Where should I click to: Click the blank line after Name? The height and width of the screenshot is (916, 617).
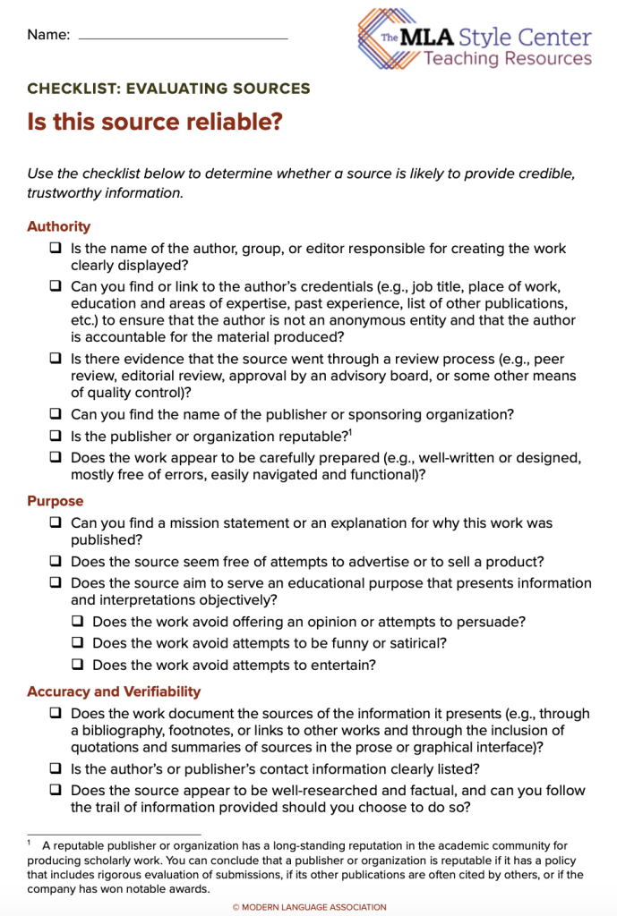[x=184, y=38]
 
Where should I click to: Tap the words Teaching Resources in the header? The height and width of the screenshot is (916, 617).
[x=507, y=59]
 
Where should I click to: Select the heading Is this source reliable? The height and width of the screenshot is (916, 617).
[x=155, y=122]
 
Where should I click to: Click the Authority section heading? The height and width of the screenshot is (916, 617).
[x=58, y=226]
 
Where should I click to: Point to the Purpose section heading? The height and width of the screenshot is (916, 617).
[x=55, y=501]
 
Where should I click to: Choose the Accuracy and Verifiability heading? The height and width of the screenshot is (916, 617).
[x=114, y=691]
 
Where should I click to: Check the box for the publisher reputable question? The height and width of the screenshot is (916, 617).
[x=56, y=437]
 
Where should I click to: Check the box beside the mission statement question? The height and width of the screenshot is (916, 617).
[x=56, y=522]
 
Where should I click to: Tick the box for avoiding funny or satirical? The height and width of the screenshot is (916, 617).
[x=77, y=643]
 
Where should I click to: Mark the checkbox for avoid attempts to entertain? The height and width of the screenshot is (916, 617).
[x=77, y=665]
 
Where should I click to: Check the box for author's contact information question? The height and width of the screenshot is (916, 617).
[x=56, y=768]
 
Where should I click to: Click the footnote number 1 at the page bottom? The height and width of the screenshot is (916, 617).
[x=30, y=844]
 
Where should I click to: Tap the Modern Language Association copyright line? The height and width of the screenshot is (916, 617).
[x=309, y=907]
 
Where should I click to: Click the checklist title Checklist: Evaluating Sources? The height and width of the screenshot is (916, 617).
[x=168, y=89]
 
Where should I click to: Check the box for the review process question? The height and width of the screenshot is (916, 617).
[x=56, y=358]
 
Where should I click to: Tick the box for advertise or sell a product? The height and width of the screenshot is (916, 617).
[x=56, y=562]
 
